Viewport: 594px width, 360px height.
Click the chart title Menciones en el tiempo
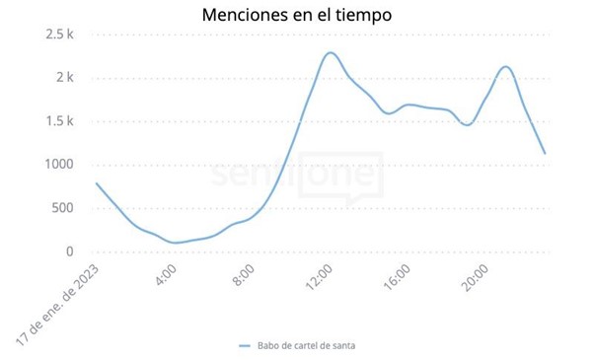pos(296,16)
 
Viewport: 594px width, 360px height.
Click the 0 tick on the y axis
pos(70,252)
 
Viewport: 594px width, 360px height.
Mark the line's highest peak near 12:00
pos(331,53)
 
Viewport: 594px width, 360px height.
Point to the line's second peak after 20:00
pos(505,67)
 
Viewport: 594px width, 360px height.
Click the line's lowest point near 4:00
pos(175,243)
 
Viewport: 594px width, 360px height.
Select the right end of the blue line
pos(545,153)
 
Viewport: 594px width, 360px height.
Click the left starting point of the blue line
pos(97,183)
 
